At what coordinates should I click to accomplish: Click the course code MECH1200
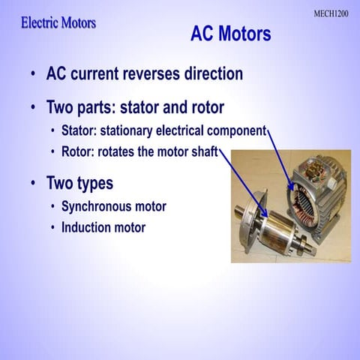[330, 13]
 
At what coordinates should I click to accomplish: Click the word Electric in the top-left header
[41, 23]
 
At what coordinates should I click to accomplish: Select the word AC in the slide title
[203, 34]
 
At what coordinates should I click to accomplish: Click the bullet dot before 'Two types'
[32, 184]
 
